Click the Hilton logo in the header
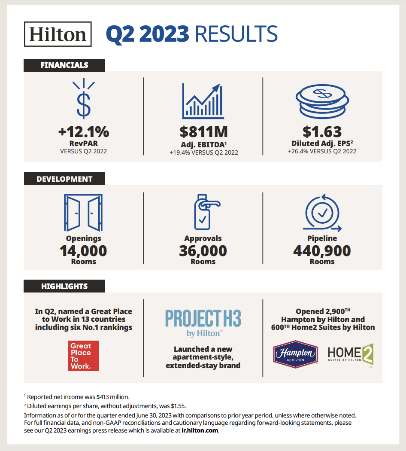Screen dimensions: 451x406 (58, 34)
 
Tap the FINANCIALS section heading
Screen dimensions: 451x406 (64, 65)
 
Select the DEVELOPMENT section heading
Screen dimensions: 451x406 (64, 179)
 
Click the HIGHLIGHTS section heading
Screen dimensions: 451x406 (64, 286)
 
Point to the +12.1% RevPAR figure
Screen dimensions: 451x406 (84, 131)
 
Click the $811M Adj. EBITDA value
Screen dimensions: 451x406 (203, 131)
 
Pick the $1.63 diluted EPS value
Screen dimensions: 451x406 (322, 131)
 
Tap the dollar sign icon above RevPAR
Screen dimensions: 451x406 (84, 100)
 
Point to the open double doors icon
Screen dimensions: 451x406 (83, 213)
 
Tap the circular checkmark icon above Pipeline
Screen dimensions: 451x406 (322, 212)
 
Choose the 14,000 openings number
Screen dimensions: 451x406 (84, 250)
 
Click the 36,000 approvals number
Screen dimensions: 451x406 (203, 250)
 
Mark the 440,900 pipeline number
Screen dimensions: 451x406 (322, 250)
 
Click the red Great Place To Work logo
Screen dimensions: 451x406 (83, 356)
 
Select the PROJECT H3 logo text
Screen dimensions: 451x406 (203, 319)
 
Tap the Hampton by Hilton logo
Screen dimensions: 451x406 (295, 354)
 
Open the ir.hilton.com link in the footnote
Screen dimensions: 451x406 (200, 431)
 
